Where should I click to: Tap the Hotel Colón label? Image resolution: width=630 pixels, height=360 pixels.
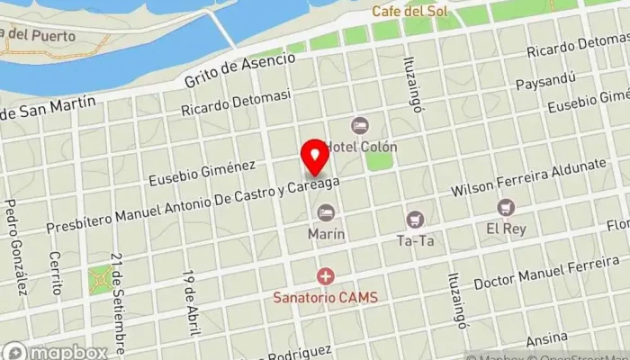click(361, 146)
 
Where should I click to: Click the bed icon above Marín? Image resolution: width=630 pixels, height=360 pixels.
click(326, 212)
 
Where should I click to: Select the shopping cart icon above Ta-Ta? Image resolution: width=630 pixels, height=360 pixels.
click(415, 219)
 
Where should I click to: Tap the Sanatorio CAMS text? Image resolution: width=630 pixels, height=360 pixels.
click(326, 297)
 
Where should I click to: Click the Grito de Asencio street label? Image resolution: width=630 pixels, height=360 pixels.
click(239, 68)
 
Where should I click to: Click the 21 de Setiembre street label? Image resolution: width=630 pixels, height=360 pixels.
click(119, 291)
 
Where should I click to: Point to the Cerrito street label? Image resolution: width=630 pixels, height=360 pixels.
click(56, 273)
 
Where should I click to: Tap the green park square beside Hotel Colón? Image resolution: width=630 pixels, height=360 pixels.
click(379, 161)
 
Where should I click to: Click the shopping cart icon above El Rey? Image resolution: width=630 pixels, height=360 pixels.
click(506, 208)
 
